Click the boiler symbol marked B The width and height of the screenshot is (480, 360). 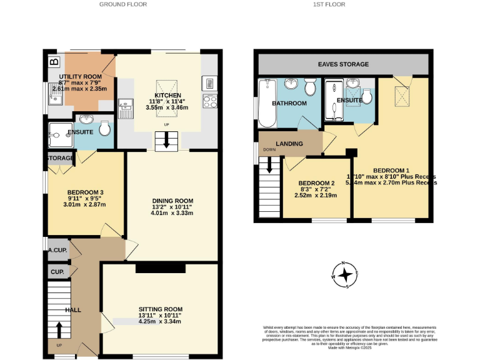54,62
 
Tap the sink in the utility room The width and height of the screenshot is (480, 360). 56,96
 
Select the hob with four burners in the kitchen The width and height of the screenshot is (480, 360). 209,101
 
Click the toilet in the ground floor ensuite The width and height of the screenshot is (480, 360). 104,128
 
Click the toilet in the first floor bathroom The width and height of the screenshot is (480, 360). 310,86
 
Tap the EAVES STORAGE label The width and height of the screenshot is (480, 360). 343,64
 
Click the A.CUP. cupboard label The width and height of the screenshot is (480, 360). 58,250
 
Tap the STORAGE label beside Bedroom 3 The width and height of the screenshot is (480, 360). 61,158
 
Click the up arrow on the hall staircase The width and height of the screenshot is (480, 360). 59,329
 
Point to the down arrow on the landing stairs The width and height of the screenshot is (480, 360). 270,166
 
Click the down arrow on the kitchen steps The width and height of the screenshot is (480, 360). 166,142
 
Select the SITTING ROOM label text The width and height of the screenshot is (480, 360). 161,309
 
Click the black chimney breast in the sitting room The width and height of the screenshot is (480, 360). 161,268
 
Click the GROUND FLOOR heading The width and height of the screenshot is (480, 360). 123,4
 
